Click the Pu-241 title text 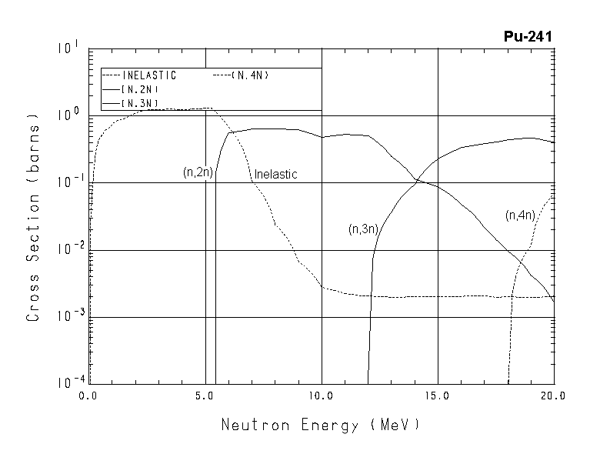(x=528, y=35)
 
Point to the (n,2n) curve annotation (x=198, y=172)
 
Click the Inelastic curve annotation (x=275, y=175)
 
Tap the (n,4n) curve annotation (x=520, y=215)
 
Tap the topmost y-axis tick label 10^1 (x=68, y=48)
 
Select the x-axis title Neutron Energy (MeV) (x=321, y=425)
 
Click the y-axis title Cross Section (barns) (x=33, y=217)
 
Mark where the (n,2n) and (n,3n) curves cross (x=416, y=181)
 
